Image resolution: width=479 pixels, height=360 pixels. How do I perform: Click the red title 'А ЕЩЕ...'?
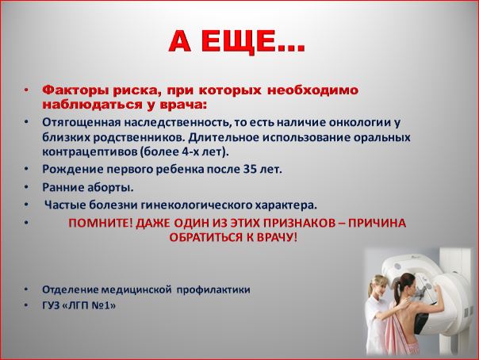tap(237, 41)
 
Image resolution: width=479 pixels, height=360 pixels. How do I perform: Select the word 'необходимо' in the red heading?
tap(312, 90)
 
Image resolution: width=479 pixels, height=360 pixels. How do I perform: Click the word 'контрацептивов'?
tap(89, 152)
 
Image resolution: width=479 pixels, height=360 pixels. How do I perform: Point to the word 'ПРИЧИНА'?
tap(377, 223)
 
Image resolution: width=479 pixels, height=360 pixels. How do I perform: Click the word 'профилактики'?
tap(213, 289)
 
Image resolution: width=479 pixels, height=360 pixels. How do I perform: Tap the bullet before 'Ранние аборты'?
tap(27, 186)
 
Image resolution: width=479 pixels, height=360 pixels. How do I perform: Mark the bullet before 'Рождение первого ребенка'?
tap(27, 169)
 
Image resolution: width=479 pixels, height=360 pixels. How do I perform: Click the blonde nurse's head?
tap(379, 285)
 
